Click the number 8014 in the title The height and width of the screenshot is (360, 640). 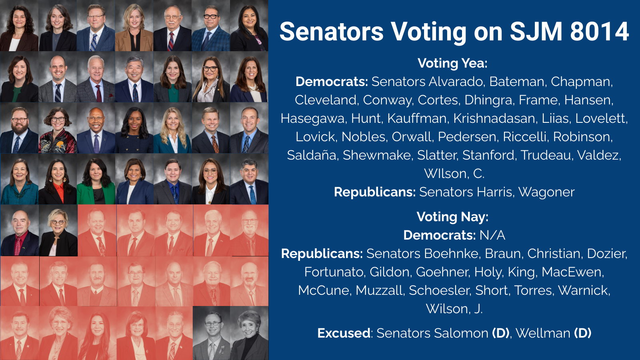coord(600,31)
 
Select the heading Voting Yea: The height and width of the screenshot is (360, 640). coord(452,63)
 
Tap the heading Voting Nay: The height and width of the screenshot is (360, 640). coord(452,216)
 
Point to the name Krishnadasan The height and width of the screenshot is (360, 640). coord(494,118)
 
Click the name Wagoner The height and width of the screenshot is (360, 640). coord(546,192)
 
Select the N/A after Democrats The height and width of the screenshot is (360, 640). coord(492,235)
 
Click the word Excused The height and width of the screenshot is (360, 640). coord(344,333)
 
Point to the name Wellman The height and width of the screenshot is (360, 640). coord(543,333)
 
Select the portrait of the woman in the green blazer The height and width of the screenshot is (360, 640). coord(96,179)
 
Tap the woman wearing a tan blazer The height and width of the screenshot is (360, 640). coord(134,26)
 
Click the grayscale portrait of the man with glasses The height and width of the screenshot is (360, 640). coord(212,333)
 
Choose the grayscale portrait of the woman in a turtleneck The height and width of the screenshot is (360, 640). coord(250,333)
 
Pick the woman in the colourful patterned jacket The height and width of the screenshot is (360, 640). coord(58,128)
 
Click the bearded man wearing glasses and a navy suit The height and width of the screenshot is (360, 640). coord(19,128)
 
